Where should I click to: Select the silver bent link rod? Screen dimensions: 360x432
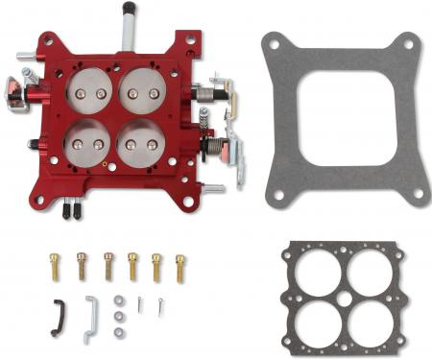(x=90, y=317)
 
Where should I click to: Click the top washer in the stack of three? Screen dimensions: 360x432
(x=117, y=300)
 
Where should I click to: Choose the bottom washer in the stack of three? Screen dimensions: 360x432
(x=117, y=331)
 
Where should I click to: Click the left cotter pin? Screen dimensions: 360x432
(x=139, y=304)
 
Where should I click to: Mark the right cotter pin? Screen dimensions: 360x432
(x=161, y=306)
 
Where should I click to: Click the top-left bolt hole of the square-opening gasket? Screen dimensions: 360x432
(x=273, y=43)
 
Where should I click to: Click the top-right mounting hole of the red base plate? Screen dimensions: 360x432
(x=190, y=40)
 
